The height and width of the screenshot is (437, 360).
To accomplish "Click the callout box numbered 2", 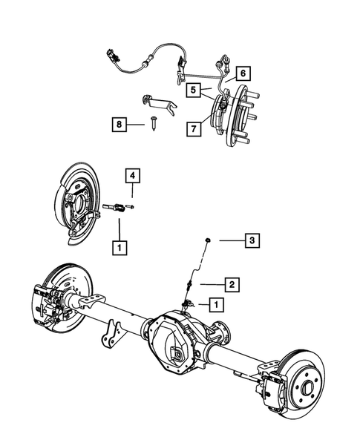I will click(x=232, y=283).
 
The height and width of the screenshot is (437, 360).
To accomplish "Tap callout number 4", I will click(x=131, y=175).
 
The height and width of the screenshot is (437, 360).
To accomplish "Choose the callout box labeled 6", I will click(x=243, y=73).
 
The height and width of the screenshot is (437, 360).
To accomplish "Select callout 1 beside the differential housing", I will click(x=215, y=304).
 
